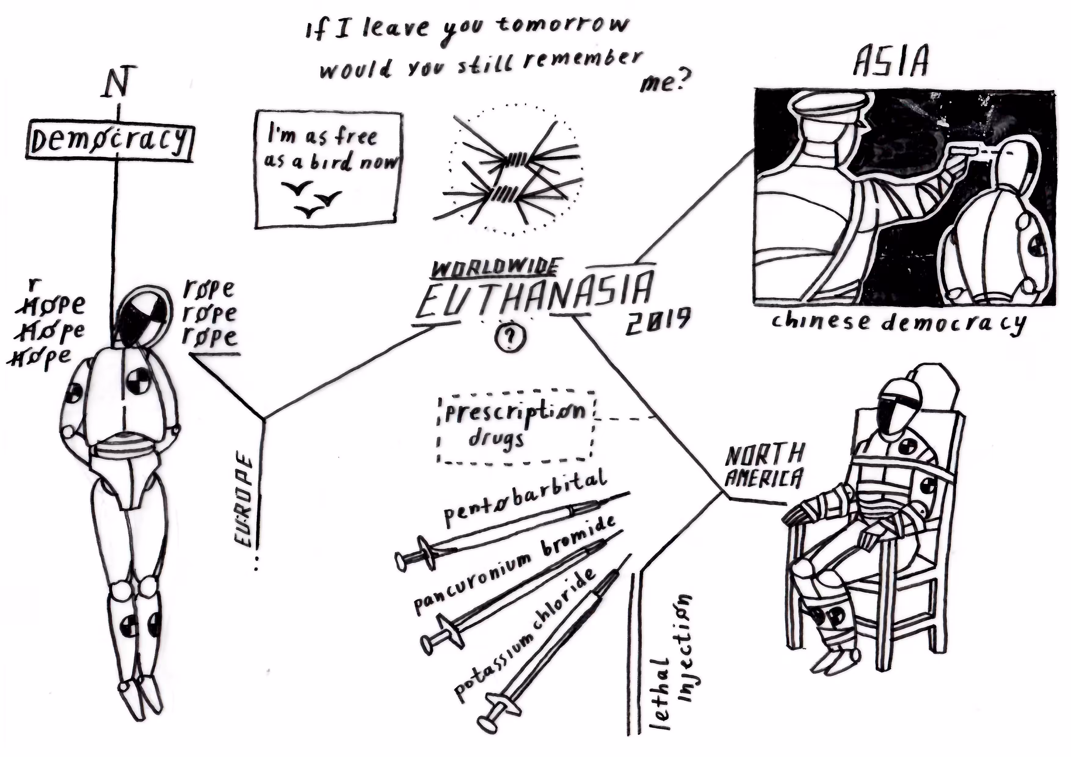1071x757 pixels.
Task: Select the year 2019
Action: coord(657,321)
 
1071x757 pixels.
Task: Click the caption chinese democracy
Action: coord(898,323)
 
